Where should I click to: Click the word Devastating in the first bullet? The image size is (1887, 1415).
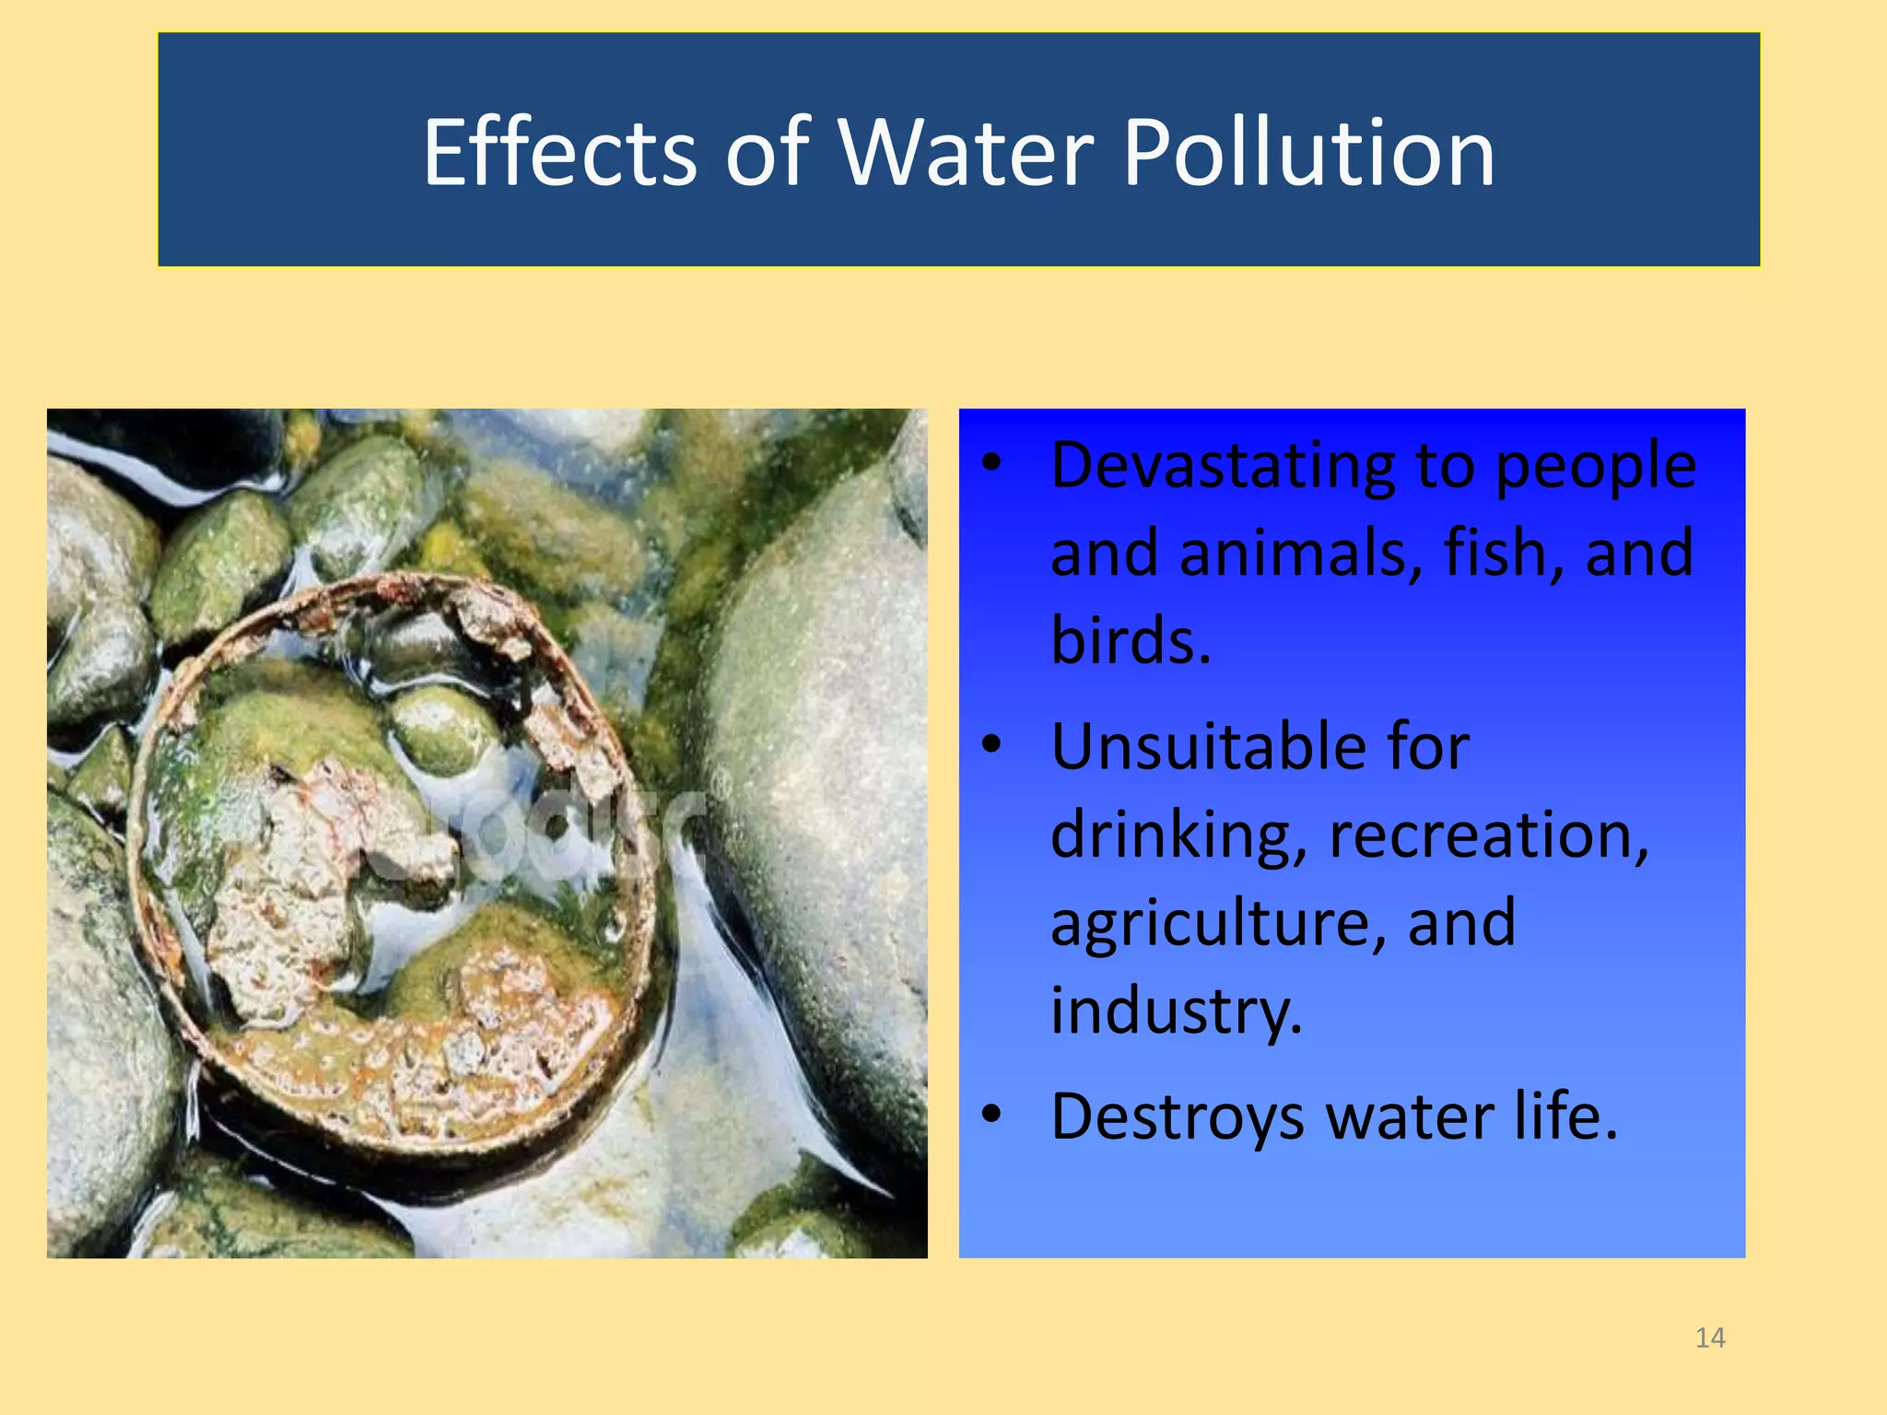pyautogui.click(x=1223, y=465)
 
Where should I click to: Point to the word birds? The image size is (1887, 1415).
pyautogui.click(x=1131, y=640)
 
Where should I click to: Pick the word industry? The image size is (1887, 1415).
pyautogui.click(x=1177, y=1011)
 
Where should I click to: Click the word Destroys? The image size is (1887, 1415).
pyautogui.click(x=1178, y=1117)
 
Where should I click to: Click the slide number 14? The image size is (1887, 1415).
pyautogui.click(x=1710, y=1338)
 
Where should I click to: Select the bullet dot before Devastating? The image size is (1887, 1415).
pyautogui.click(x=991, y=463)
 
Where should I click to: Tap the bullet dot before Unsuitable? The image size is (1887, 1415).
pyautogui.click(x=991, y=743)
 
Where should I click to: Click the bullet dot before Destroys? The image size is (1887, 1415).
pyautogui.click(x=991, y=1114)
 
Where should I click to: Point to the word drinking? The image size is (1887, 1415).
pyautogui.click(x=1178, y=836)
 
